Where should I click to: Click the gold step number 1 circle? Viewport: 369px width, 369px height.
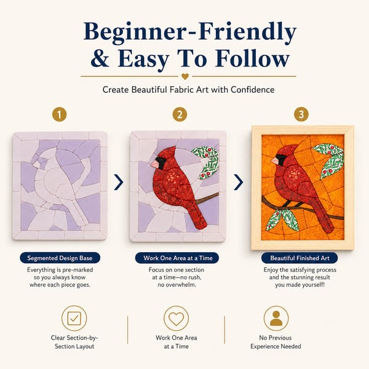pyautogui.click(x=59, y=114)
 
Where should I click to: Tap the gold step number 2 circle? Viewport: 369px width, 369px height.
pyautogui.click(x=180, y=114)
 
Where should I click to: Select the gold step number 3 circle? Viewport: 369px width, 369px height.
pyautogui.click(x=301, y=114)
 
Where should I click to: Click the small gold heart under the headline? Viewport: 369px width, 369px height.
pyautogui.click(x=185, y=76)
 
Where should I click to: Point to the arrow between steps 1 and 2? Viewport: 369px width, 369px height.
pyautogui.click(x=119, y=182)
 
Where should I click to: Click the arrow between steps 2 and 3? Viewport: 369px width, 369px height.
pyautogui.click(x=239, y=182)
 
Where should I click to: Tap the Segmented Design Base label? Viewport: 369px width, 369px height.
pyautogui.click(x=60, y=258)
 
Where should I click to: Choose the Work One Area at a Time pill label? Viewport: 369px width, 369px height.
pyautogui.click(x=177, y=258)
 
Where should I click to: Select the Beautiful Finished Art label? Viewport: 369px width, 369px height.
pyautogui.click(x=300, y=258)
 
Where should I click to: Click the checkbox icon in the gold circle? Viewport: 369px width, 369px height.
pyautogui.click(x=74, y=319)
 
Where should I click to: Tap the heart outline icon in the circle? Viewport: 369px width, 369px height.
pyautogui.click(x=177, y=319)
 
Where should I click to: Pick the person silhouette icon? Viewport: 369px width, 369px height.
pyautogui.click(x=276, y=319)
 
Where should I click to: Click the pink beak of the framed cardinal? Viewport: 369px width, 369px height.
pyautogui.click(x=274, y=161)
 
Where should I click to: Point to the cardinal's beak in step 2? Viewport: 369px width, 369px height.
pyautogui.click(x=154, y=164)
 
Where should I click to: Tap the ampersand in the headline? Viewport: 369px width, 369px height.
pyautogui.click(x=100, y=59)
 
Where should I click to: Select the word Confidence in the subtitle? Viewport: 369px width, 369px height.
pyautogui.click(x=253, y=90)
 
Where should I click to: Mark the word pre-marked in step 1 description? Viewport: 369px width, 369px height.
pyautogui.click(x=77, y=270)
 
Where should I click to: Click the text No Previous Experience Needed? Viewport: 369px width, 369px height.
pyautogui.click(x=276, y=342)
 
